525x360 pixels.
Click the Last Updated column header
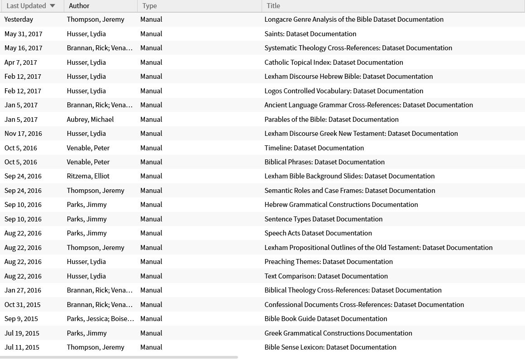coord(26,6)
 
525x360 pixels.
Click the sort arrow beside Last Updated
coord(52,6)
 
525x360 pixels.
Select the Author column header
coord(79,6)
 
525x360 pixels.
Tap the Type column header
coord(149,6)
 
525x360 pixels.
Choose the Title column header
coord(273,6)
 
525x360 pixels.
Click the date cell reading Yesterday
coord(19,19)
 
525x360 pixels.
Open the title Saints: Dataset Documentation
coord(310,34)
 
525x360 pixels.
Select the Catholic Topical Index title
coord(334,62)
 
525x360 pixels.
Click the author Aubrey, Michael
coord(90,120)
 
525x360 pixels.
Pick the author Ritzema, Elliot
coord(88,176)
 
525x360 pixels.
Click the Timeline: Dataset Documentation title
coord(314,148)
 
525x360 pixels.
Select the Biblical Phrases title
coord(325,162)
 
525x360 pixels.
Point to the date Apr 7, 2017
coord(21,62)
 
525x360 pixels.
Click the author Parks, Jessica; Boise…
coord(100,319)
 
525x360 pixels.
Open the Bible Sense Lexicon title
coord(330,347)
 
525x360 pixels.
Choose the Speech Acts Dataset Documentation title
coord(318,233)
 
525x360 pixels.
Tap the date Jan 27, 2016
coord(23,290)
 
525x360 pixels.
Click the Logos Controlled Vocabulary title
coord(344,91)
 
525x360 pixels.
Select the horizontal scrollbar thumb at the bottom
coord(119,357)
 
